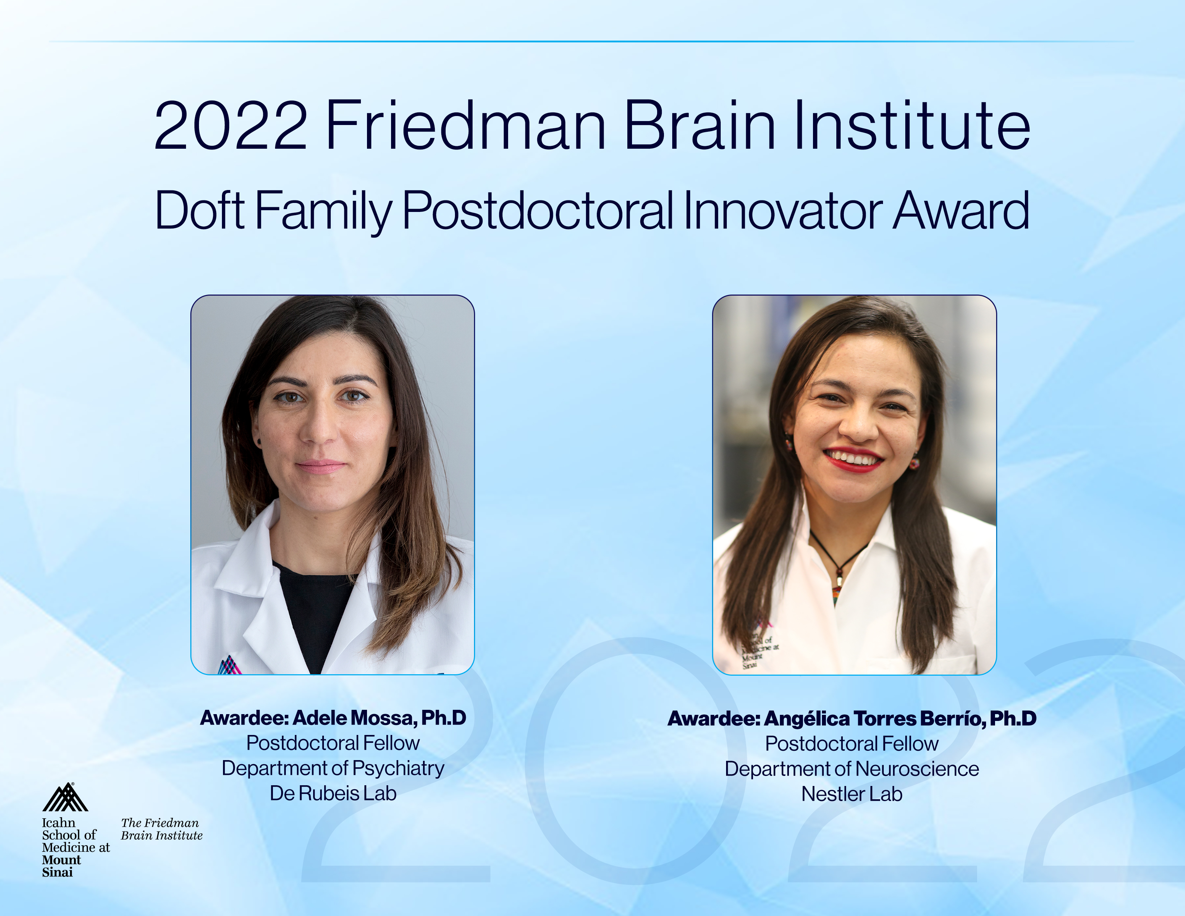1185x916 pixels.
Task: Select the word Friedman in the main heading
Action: (x=465, y=125)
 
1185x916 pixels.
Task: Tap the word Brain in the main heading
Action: (x=700, y=125)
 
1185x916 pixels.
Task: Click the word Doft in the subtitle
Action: (x=200, y=210)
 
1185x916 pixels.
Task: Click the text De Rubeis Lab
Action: (x=333, y=794)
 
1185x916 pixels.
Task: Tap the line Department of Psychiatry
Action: (x=333, y=768)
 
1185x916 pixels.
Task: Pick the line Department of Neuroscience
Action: (x=852, y=769)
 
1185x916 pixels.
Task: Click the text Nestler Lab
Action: (x=852, y=794)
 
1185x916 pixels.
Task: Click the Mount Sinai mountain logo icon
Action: (x=65, y=797)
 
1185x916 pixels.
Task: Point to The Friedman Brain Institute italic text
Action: (x=161, y=829)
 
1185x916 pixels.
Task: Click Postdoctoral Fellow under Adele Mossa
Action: (x=333, y=743)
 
